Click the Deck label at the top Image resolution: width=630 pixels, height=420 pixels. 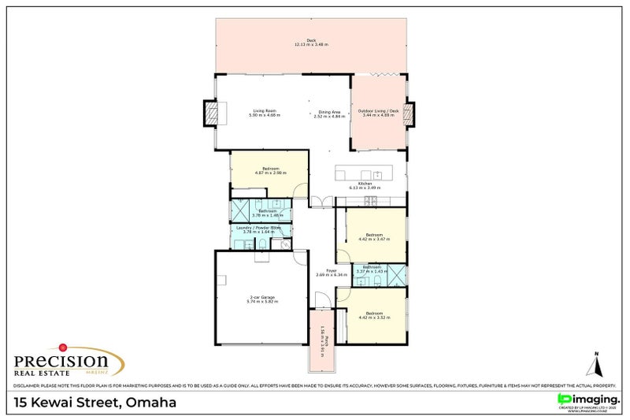311,43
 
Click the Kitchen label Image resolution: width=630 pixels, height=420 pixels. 365,185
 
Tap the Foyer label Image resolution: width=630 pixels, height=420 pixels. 321,273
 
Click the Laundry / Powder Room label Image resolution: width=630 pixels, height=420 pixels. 259,229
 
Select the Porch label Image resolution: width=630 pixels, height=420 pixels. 323,339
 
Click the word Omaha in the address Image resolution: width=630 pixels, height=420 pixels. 151,403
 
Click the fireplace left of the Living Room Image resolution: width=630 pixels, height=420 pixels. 211,113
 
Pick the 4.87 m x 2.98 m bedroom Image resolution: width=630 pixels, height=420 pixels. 269,170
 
